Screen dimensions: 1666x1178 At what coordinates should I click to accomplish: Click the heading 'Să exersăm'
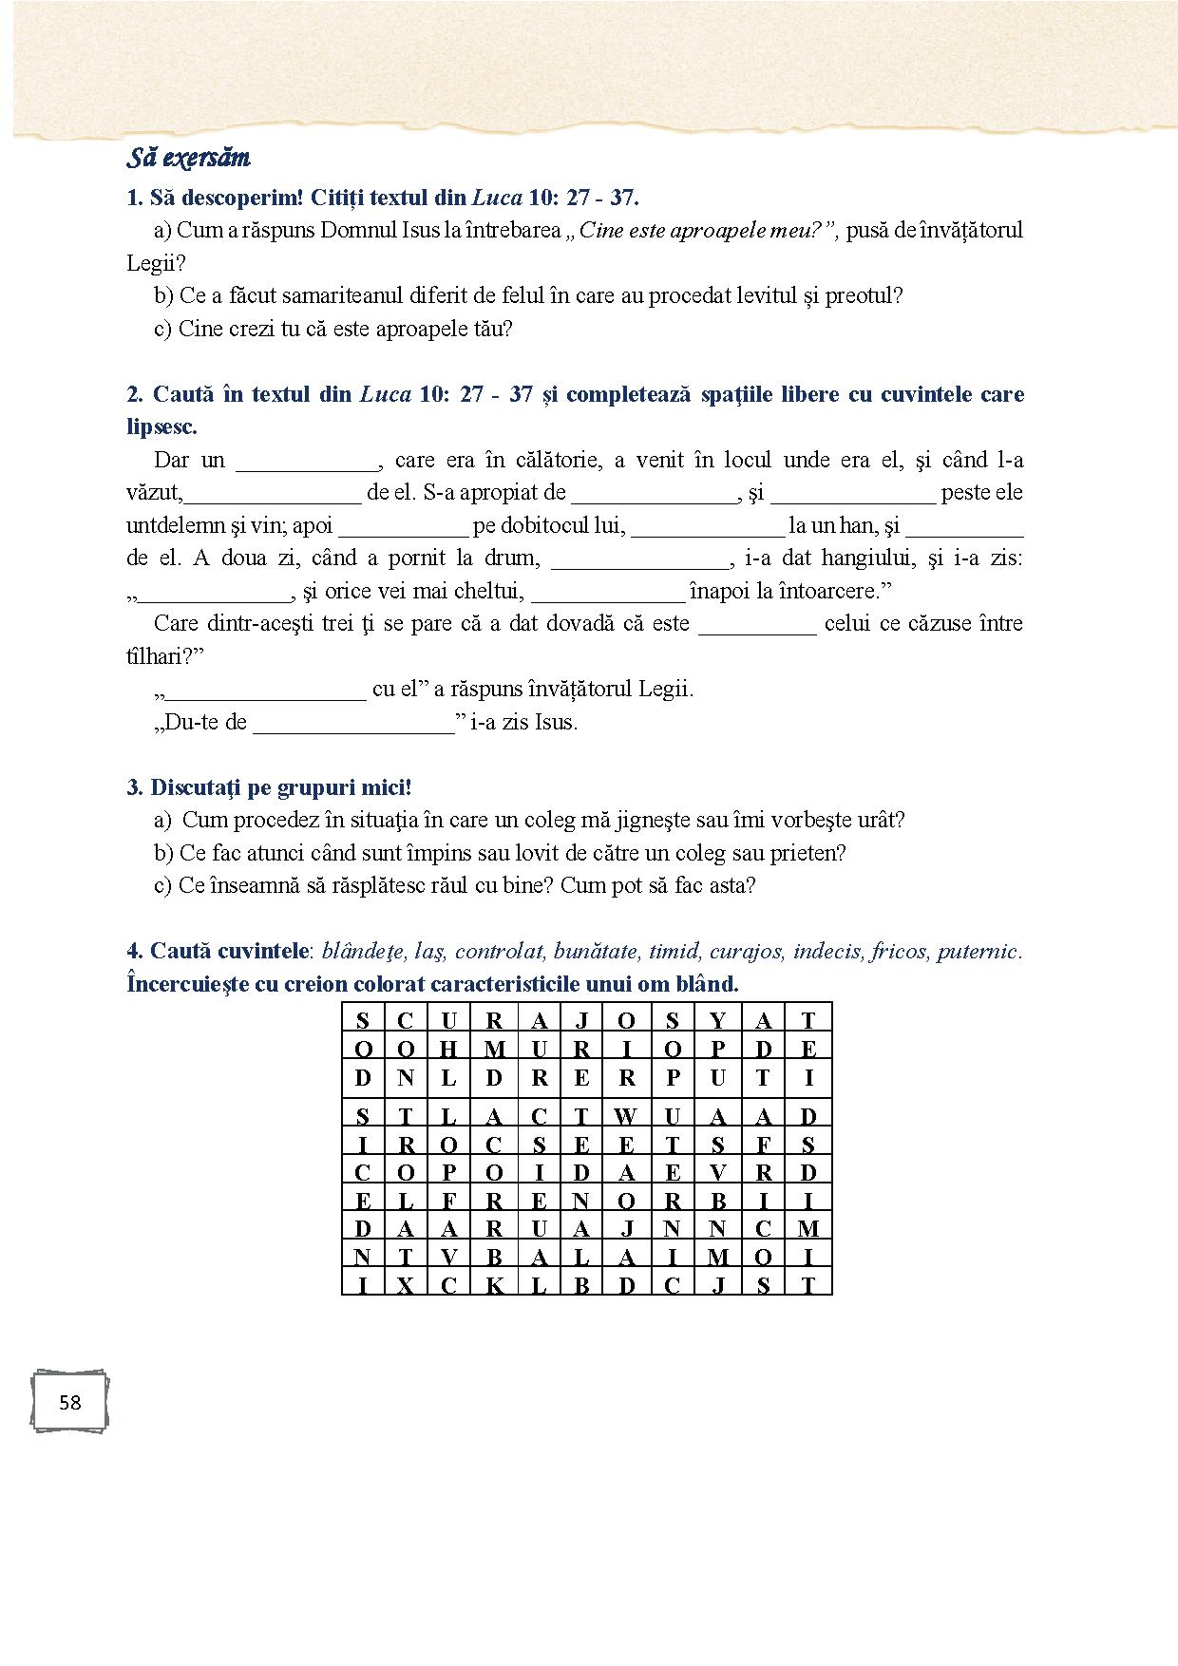(188, 158)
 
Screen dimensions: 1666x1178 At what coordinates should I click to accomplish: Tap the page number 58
(69, 1402)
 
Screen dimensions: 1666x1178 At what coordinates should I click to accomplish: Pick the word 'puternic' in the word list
(978, 951)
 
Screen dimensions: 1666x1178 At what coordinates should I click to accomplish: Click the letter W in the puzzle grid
(625, 1116)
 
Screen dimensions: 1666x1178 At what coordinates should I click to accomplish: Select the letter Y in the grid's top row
(717, 1021)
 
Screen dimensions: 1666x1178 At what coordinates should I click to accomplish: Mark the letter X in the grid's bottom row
(406, 1286)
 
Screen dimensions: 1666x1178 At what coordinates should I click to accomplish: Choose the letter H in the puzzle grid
(449, 1050)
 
